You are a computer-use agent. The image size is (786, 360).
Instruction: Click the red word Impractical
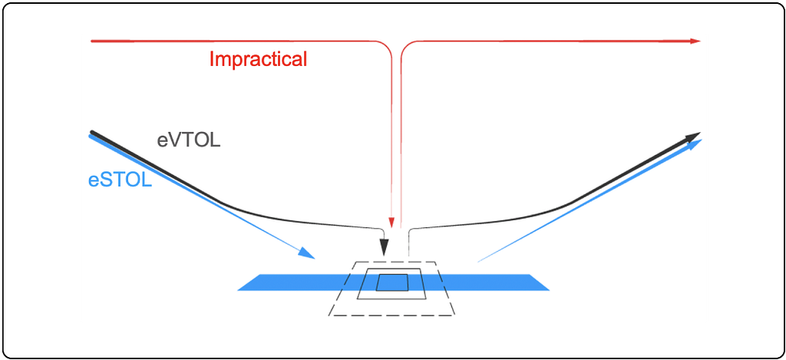pyautogui.click(x=258, y=59)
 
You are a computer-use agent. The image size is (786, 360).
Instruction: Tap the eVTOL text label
pyautogui.click(x=189, y=140)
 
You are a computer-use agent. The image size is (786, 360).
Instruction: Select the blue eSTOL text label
pyautogui.click(x=120, y=181)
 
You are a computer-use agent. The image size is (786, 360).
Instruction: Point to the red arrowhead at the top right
pyautogui.click(x=695, y=41)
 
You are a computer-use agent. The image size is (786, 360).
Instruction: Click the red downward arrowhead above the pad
pyautogui.click(x=391, y=223)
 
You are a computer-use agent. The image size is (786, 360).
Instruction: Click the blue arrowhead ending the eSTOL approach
pyautogui.click(x=307, y=253)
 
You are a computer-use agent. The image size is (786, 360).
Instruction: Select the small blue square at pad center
pyautogui.click(x=392, y=282)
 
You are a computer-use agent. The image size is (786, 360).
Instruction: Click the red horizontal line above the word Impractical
pyautogui.click(x=230, y=41)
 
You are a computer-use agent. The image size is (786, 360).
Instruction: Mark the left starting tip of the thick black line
pyautogui.click(x=92, y=133)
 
